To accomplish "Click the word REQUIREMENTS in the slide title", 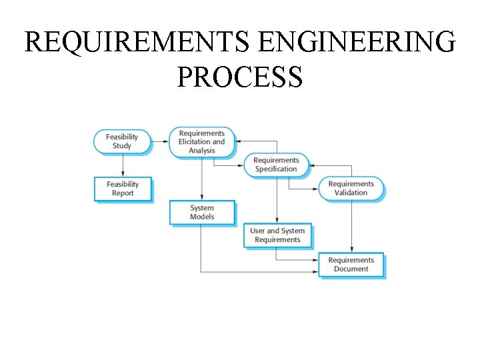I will [x=137, y=43].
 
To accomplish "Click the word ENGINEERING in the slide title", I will [x=357, y=43].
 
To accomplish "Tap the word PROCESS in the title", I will [x=240, y=77].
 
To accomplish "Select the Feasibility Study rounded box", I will [x=122, y=141].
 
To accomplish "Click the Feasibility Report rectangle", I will [x=123, y=189].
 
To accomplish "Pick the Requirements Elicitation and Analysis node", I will [x=201, y=142].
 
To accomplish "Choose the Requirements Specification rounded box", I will [x=276, y=165].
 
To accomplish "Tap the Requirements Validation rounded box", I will [x=351, y=188].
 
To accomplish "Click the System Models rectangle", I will [x=202, y=212].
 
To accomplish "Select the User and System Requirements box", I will [x=277, y=235].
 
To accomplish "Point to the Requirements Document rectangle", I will [x=351, y=265].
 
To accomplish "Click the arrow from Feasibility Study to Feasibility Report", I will [x=123, y=165].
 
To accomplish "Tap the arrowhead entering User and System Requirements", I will [x=277, y=221].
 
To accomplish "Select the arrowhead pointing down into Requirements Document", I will [x=351, y=250].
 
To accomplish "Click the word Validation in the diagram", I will [x=351, y=193].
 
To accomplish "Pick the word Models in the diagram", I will [x=202, y=217].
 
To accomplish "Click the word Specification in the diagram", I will [x=276, y=169].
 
